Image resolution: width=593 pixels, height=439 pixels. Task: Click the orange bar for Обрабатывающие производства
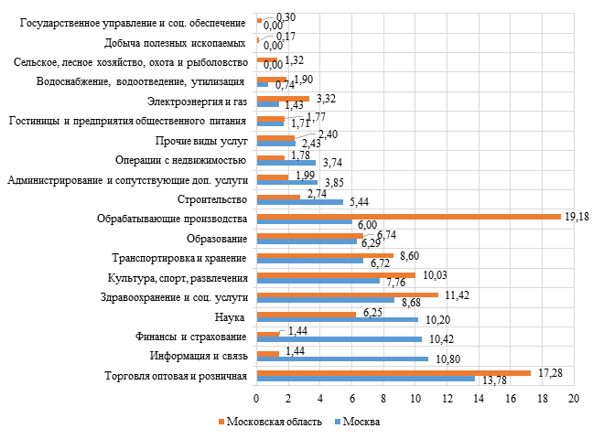[408, 217]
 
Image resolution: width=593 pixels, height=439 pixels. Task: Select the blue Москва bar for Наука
[338, 320]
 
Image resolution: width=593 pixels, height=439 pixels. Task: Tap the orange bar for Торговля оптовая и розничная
[394, 373]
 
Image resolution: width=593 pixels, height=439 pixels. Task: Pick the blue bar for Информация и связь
[342, 359]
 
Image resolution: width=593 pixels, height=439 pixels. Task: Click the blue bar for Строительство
[300, 202]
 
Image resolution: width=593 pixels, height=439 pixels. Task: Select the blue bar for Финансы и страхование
[340, 339]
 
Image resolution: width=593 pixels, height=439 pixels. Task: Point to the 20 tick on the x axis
[575, 400]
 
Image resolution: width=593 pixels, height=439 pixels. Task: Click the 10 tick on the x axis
[415, 400]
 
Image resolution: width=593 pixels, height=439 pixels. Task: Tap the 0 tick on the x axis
[257, 400]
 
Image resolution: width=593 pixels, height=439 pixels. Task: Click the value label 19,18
[577, 215]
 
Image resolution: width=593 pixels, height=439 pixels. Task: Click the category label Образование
[217, 239]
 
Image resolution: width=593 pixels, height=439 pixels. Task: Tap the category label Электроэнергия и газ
[203, 101]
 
